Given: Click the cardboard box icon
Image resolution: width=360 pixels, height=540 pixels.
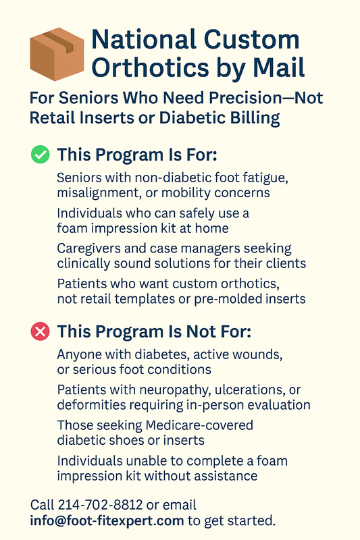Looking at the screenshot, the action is [x=57, y=54].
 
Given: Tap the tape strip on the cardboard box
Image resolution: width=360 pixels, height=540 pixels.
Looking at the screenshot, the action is [x=59, y=41].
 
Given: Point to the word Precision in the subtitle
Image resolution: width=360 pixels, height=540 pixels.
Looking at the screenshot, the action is [x=245, y=98].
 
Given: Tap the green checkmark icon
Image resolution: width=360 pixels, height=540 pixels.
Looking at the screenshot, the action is [x=41, y=155].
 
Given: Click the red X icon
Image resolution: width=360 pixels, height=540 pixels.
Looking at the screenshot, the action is [x=41, y=331].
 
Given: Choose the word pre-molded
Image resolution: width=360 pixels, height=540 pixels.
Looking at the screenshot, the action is [x=226, y=299].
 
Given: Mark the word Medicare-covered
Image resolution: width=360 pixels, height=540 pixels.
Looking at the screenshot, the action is [x=199, y=425].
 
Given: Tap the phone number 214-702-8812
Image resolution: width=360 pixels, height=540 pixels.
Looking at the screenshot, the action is [x=100, y=505].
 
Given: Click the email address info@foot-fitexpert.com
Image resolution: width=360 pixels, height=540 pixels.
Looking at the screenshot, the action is [x=107, y=520].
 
